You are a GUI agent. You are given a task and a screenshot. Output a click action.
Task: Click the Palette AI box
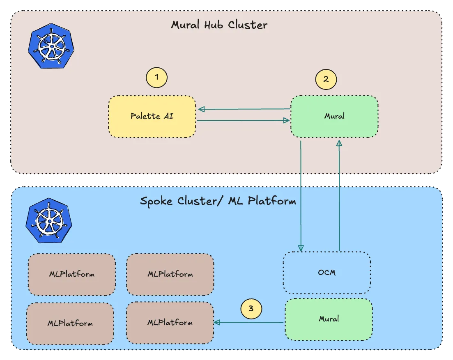click(152, 117)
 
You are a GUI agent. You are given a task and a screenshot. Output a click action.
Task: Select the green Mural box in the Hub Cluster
click(334, 117)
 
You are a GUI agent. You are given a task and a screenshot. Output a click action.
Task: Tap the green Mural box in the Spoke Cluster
click(329, 319)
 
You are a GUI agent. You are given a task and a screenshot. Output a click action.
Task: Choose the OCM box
click(327, 273)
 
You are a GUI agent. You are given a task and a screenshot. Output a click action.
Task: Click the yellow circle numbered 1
click(157, 77)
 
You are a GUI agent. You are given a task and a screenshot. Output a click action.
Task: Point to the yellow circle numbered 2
click(326, 79)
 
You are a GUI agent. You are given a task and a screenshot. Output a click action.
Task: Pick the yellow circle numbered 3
click(251, 308)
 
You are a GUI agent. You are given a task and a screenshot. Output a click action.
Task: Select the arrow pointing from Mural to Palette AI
click(244, 109)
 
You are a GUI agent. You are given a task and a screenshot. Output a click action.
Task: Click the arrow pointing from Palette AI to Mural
click(244, 121)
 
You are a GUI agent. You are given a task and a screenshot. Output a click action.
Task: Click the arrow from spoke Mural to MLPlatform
click(248, 323)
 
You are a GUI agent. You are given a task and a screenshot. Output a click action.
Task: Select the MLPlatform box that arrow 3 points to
click(170, 323)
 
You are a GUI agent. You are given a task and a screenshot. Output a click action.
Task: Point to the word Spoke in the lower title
click(157, 202)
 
